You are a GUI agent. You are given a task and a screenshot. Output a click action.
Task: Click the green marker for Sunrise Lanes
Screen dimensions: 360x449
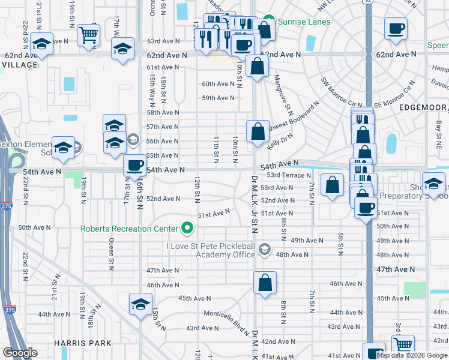[x=269, y=22]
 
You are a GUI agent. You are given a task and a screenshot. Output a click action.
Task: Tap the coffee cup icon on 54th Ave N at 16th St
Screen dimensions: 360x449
[x=134, y=165]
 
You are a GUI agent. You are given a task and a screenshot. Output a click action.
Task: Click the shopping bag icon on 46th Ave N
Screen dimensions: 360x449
[x=265, y=283]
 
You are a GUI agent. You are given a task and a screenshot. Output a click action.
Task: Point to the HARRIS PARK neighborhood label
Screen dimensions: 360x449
[x=82, y=343]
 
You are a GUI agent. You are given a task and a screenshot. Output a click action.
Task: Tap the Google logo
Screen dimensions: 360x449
[x=20, y=353]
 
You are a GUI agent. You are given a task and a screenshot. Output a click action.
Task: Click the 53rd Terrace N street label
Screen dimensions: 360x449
[x=289, y=175]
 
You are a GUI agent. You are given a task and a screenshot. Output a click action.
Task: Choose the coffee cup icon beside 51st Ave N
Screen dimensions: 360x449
[x=366, y=208]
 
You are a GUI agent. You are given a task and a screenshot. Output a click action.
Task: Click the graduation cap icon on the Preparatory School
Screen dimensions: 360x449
[x=434, y=184]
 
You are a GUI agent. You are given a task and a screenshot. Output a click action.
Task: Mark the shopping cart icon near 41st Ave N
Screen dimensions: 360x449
[x=403, y=344]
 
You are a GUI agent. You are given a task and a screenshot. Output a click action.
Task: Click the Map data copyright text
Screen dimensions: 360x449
[x=412, y=355]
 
